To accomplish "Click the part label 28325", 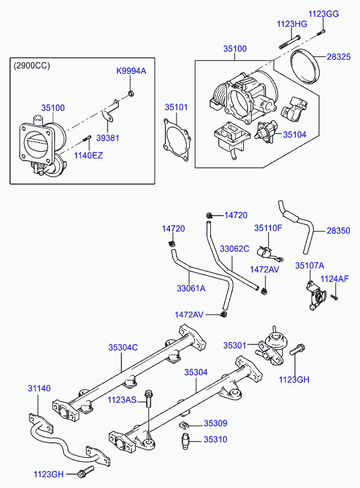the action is (x=339, y=57).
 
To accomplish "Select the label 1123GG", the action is (x=323, y=14).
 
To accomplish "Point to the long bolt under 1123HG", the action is (x=289, y=42).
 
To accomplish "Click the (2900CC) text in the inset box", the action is (x=32, y=66).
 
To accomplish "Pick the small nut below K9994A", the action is (x=131, y=93).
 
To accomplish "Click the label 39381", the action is (x=107, y=138).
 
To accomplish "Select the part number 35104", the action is (x=295, y=135).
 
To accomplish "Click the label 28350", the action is (x=339, y=231).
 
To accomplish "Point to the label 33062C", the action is (x=234, y=249).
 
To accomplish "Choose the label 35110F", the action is (x=268, y=228).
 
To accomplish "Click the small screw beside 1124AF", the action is (x=334, y=297).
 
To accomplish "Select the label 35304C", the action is (x=123, y=347).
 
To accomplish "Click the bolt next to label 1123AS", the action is (x=148, y=399).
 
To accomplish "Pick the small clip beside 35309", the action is (x=183, y=424).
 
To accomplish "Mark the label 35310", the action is (x=216, y=440).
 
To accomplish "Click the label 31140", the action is (x=39, y=389).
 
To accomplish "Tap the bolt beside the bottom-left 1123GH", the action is (x=86, y=472).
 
